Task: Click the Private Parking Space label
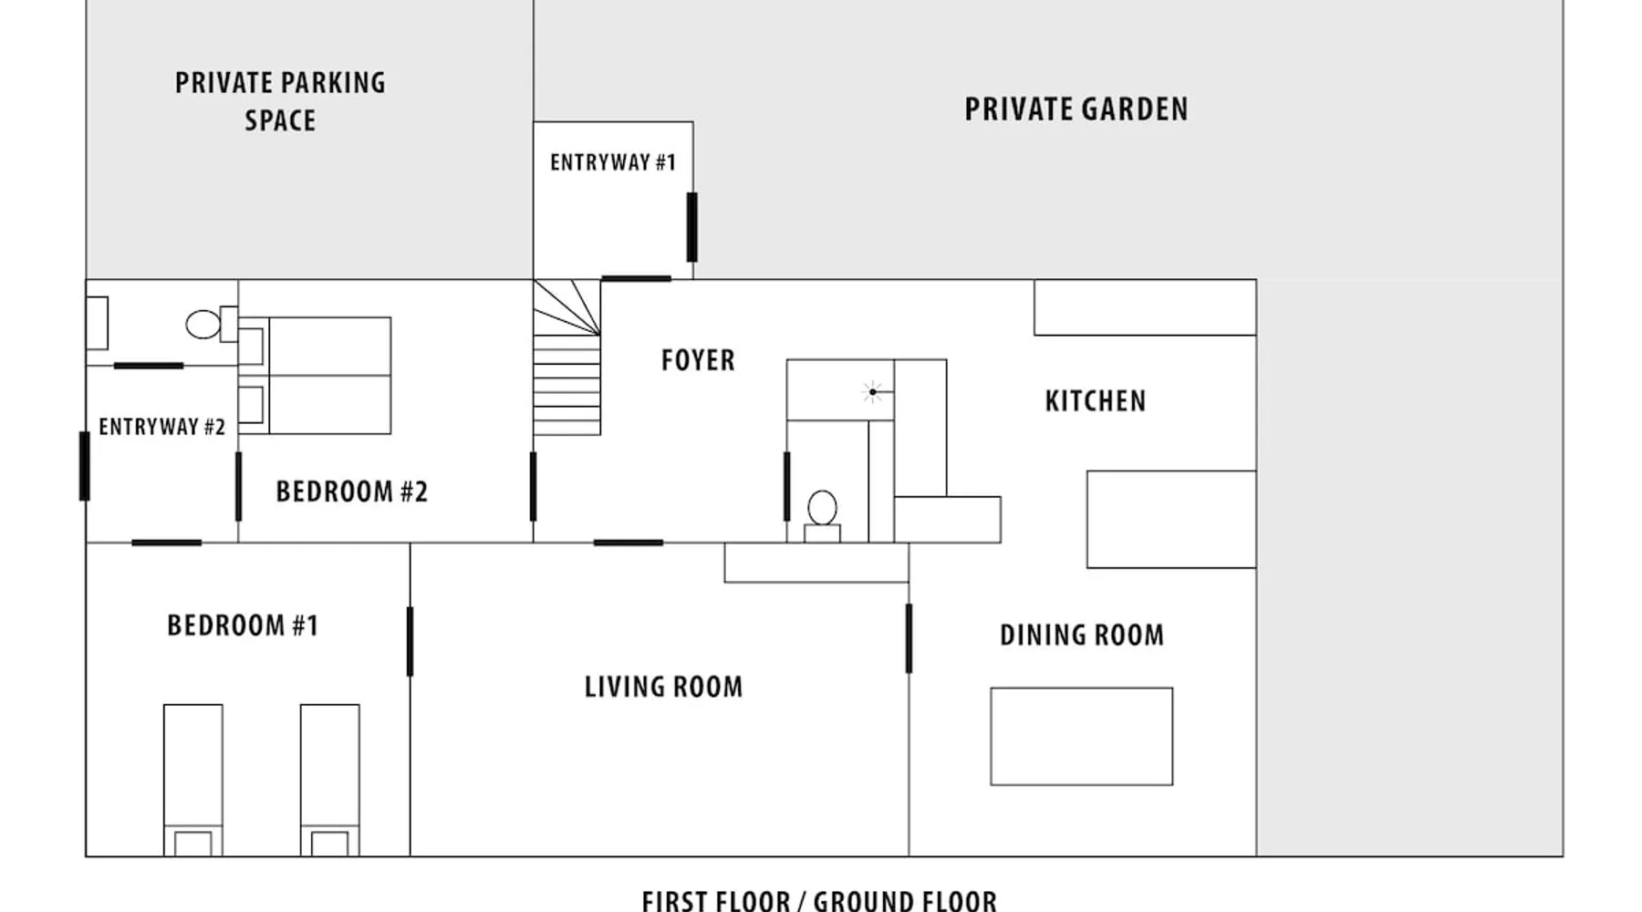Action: click(280, 101)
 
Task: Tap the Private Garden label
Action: click(1076, 109)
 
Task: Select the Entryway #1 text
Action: click(613, 162)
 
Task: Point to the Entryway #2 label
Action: click(161, 427)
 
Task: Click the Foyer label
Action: click(698, 360)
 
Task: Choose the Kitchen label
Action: click(1096, 401)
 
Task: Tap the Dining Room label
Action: click(1082, 636)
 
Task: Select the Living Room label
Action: click(663, 687)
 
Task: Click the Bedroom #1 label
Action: click(243, 626)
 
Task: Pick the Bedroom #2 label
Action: click(351, 492)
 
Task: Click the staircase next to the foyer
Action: click(566, 358)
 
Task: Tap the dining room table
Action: click(1082, 736)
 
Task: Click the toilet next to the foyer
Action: click(822, 516)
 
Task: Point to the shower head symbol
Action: click(873, 392)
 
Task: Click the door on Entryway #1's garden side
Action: click(692, 227)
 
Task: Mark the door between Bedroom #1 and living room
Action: click(410, 642)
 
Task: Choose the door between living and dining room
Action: click(909, 638)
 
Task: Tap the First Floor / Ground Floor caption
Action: click(819, 901)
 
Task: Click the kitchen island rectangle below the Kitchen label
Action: click(1171, 519)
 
